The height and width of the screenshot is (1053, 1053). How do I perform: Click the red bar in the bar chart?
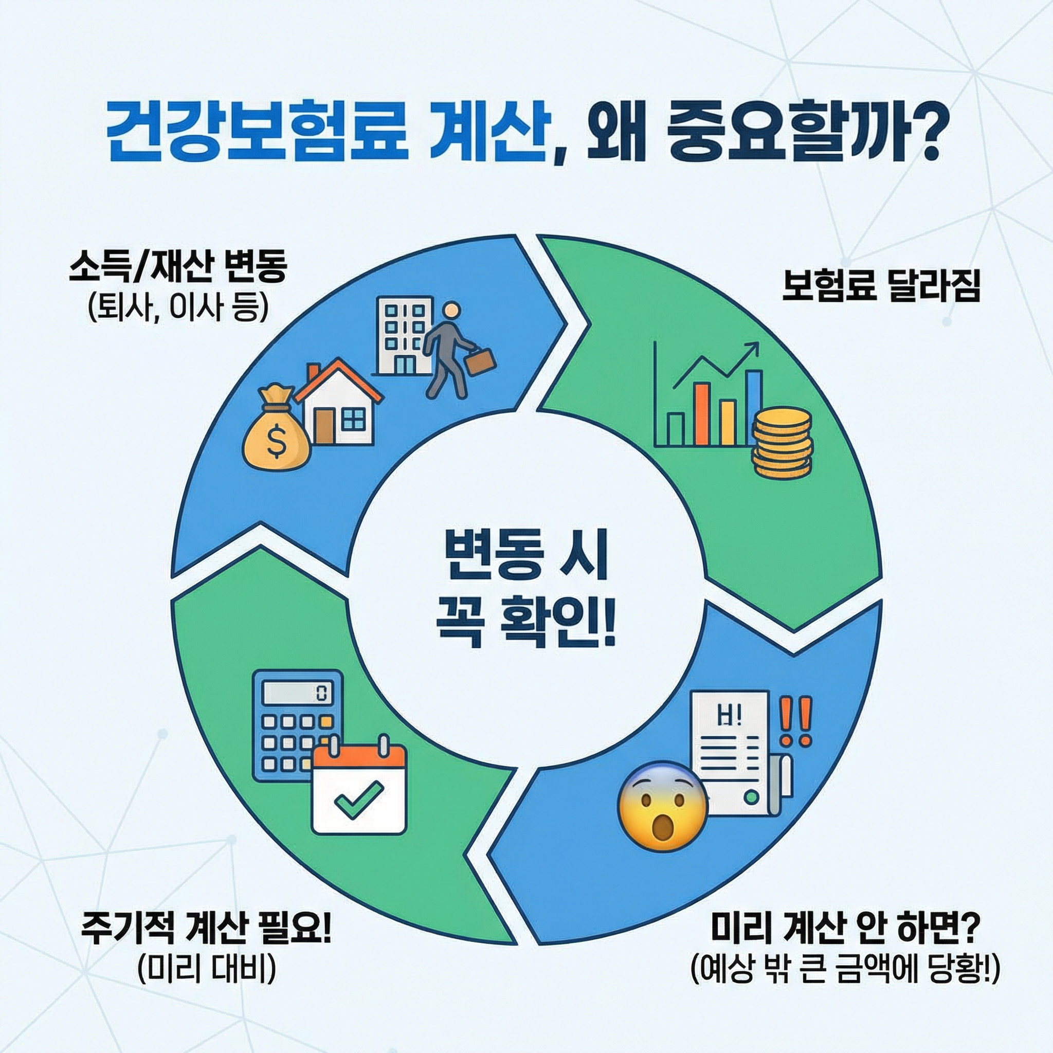click(x=702, y=414)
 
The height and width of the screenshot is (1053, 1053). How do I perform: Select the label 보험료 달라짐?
click(x=881, y=286)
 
